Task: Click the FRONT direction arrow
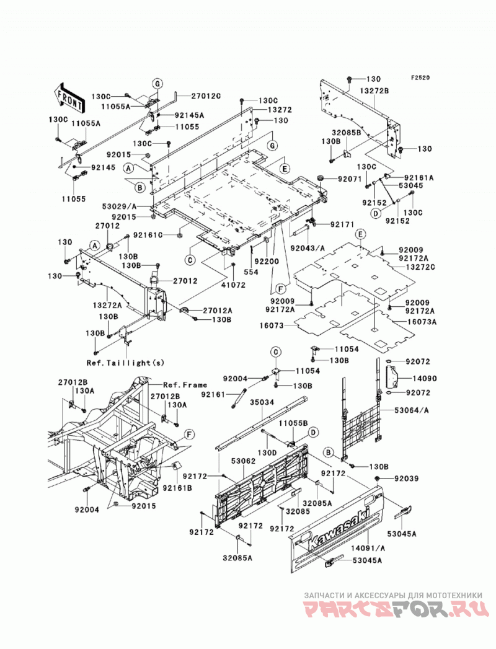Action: (x=69, y=98)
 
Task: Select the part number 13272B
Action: (x=374, y=91)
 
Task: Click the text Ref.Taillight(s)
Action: (x=125, y=363)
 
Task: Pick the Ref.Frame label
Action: (x=185, y=385)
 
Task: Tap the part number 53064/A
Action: (x=412, y=410)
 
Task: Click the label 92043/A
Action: (x=308, y=249)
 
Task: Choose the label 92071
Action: (x=350, y=179)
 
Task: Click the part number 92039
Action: (x=406, y=479)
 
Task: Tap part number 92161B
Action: (x=177, y=488)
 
